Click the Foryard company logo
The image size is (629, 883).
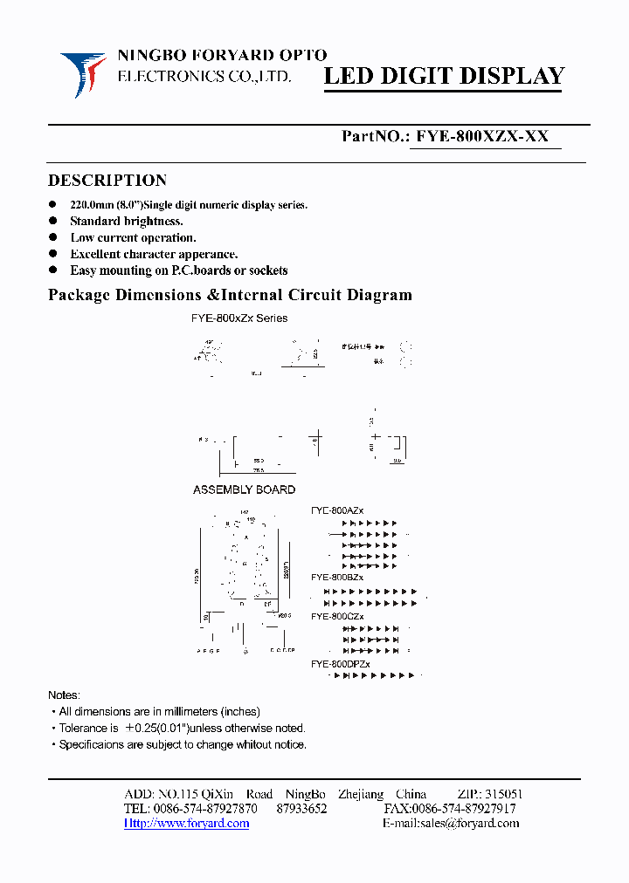coord(83,73)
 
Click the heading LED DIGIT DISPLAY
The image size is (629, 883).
coord(445,77)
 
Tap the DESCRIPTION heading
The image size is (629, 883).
coord(107,181)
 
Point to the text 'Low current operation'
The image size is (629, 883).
coord(133,237)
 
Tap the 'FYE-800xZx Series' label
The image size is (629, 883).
coord(238,318)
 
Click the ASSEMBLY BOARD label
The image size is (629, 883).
coord(244,489)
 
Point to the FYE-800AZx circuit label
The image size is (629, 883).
coord(338,510)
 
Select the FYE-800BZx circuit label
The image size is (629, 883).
coord(337,578)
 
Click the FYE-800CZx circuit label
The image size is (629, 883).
coord(337,617)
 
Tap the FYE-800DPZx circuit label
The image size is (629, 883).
coord(341,664)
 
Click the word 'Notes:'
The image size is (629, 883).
coord(64,695)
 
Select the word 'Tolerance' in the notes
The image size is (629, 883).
coord(83,728)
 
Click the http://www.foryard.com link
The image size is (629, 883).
coord(186,823)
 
